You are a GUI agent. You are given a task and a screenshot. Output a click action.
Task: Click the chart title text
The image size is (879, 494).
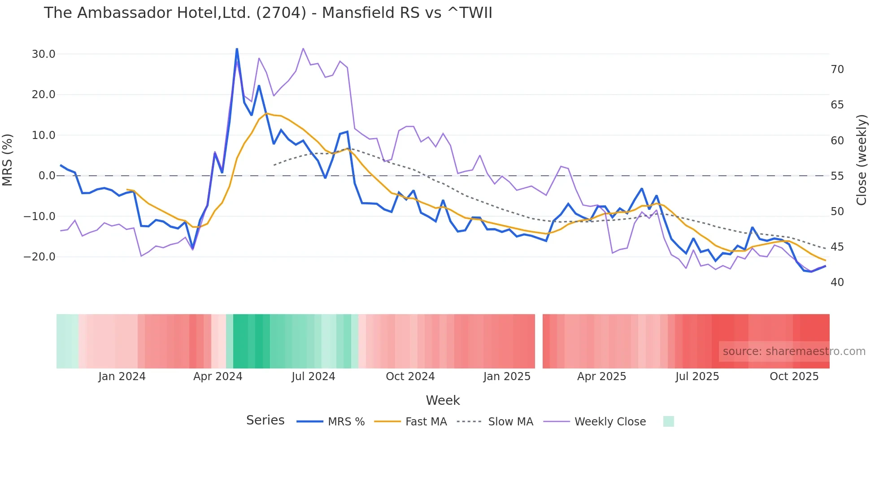[x=268, y=13]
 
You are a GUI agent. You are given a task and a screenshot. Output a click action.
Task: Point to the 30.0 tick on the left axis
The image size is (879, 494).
[x=44, y=54]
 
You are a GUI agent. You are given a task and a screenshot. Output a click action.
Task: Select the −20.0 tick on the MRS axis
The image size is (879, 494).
[x=39, y=257]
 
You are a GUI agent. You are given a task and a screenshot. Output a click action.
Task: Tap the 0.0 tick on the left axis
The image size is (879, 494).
[x=47, y=176]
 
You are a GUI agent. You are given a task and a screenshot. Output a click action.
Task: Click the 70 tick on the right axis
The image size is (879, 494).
[x=837, y=69]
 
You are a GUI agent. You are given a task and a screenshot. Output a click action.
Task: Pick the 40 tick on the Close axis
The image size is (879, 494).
[x=837, y=282]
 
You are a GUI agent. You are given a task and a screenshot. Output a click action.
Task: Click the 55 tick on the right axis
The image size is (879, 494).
[x=837, y=176]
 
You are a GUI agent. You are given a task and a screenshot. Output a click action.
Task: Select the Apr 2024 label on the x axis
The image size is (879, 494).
[x=218, y=377]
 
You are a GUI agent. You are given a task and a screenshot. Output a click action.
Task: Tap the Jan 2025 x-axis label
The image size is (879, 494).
[x=507, y=377]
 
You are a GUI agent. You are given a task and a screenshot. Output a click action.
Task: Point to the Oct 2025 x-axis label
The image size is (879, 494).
[x=794, y=377]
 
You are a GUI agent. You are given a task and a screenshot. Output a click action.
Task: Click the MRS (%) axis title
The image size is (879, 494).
[x=8, y=160]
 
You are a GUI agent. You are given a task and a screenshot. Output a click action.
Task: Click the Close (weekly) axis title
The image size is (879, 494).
[x=861, y=160]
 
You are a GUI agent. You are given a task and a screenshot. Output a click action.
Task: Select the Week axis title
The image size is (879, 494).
[x=443, y=400]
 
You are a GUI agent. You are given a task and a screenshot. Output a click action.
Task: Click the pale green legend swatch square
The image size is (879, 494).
[x=668, y=421]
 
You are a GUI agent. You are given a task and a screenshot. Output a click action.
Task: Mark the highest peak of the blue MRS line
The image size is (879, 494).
[x=237, y=49]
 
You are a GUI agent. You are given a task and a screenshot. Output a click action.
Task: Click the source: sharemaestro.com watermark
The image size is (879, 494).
[x=794, y=351]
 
